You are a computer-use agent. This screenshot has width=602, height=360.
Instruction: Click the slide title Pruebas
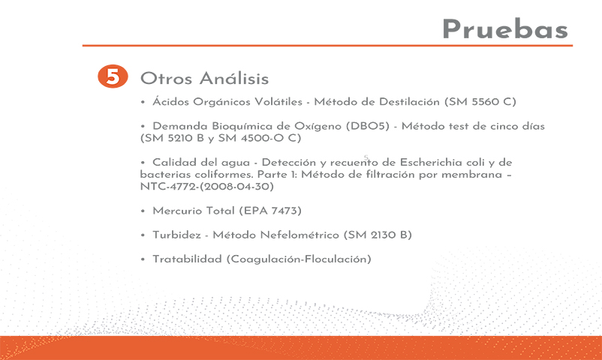pyautogui.click(x=505, y=29)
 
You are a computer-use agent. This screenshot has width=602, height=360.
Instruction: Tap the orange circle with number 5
pyautogui.click(x=113, y=76)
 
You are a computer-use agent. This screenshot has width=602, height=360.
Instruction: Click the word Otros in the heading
pyautogui.click(x=166, y=79)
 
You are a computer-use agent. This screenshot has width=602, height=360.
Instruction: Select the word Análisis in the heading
pyautogui.click(x=233, y=78)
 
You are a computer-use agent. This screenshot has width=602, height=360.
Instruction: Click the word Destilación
pyautogui.click(x=409, y=102)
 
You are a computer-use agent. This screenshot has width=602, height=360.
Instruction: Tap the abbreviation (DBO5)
pyautogui.click(x=368, y=126)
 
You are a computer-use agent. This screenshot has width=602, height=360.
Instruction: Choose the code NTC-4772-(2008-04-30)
pyautogui.click(x=207, y=187)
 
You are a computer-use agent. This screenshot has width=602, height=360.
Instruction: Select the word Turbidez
pyautogui.click(x=176, y=235)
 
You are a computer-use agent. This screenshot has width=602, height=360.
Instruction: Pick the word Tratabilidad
pyautogui.click(x=188, y=259)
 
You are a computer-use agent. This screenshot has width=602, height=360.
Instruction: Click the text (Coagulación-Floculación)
pyautogui.click(x=299, y=259)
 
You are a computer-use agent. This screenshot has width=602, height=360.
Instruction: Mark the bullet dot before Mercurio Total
pyautogui.click(x=143, y=211)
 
